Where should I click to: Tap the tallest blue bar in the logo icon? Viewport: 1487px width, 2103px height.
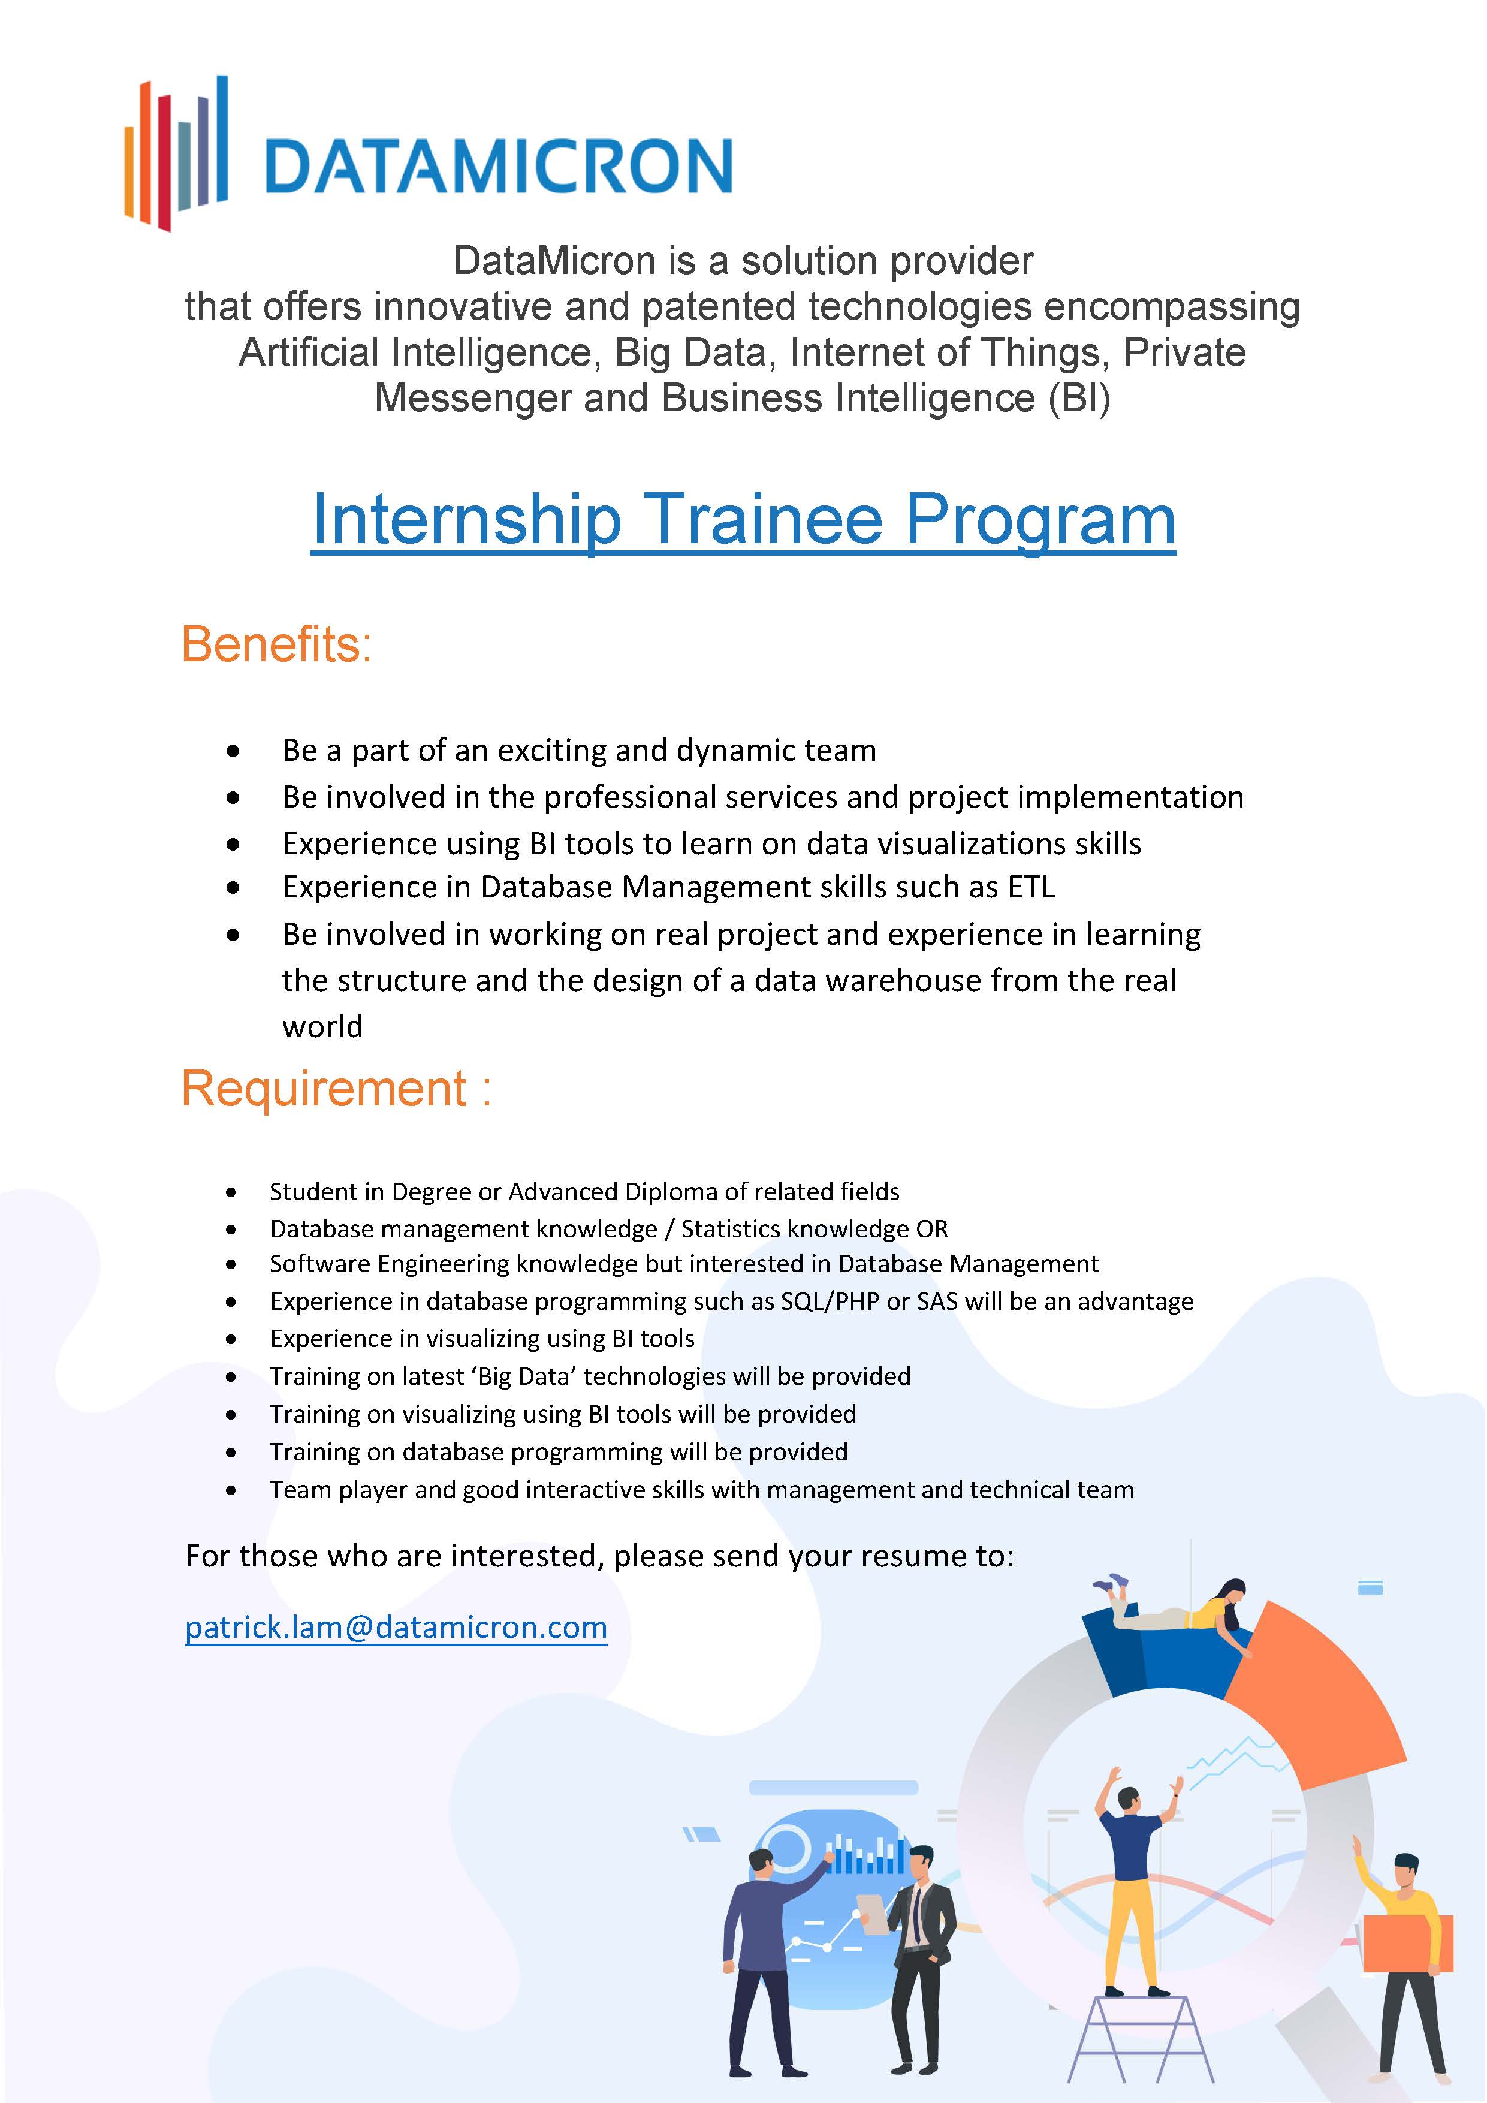pos(222,137)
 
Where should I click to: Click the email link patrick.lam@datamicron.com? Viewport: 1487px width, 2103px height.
pos(396,1628)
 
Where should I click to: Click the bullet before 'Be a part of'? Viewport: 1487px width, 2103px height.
pos(234,751)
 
